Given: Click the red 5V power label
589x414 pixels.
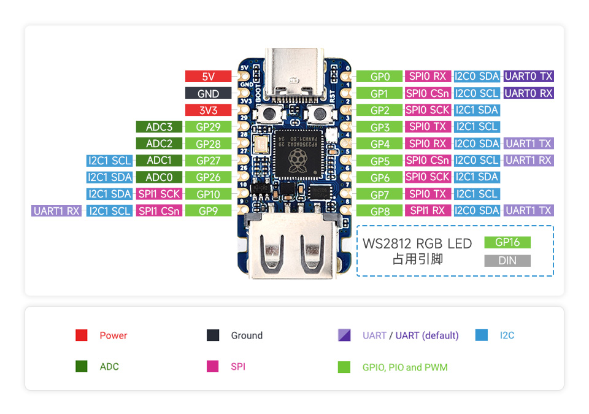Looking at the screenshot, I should tap(208, 77).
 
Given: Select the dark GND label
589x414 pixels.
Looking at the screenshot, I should tap(208, 94).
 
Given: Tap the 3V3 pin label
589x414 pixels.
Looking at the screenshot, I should tap(208, 110).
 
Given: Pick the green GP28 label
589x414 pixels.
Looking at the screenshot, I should tap(208, 144).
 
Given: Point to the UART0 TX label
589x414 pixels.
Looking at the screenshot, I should tap(528, 77).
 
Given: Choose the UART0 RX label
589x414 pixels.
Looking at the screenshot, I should tap(528, 93).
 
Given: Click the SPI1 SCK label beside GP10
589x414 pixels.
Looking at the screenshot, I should tap(159, 194).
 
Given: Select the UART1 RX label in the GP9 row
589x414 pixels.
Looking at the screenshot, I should tap(56, 211).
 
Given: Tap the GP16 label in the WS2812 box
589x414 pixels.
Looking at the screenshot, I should tap(507, 242).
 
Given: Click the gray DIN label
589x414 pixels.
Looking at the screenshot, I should tap(507, 261).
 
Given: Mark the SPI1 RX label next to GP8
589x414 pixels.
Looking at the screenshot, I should tap(427, 210).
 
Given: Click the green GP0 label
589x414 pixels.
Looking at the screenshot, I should tap(380, 77).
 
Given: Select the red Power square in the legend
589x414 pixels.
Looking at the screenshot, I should tap(82, 335).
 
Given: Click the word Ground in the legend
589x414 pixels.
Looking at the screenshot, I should tap(247, 335).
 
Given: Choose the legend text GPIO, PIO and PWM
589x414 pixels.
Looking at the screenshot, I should tap(405, 367).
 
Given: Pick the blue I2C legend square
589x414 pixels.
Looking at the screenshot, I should tap(482, 335).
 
